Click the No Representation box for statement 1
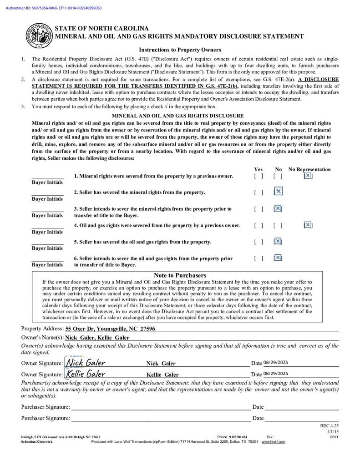coord(308,176)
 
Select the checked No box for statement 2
coord(278,192)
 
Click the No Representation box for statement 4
coord(308,225)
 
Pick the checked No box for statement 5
coord(278,242)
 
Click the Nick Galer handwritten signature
coord(86,363)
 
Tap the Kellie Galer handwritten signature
coord(86,374)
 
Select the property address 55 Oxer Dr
coord(110,329)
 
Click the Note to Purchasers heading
coord(180,275)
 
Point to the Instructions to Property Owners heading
coord(180,50)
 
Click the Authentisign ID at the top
coord(54,8)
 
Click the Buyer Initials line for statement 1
coord(47,177)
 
